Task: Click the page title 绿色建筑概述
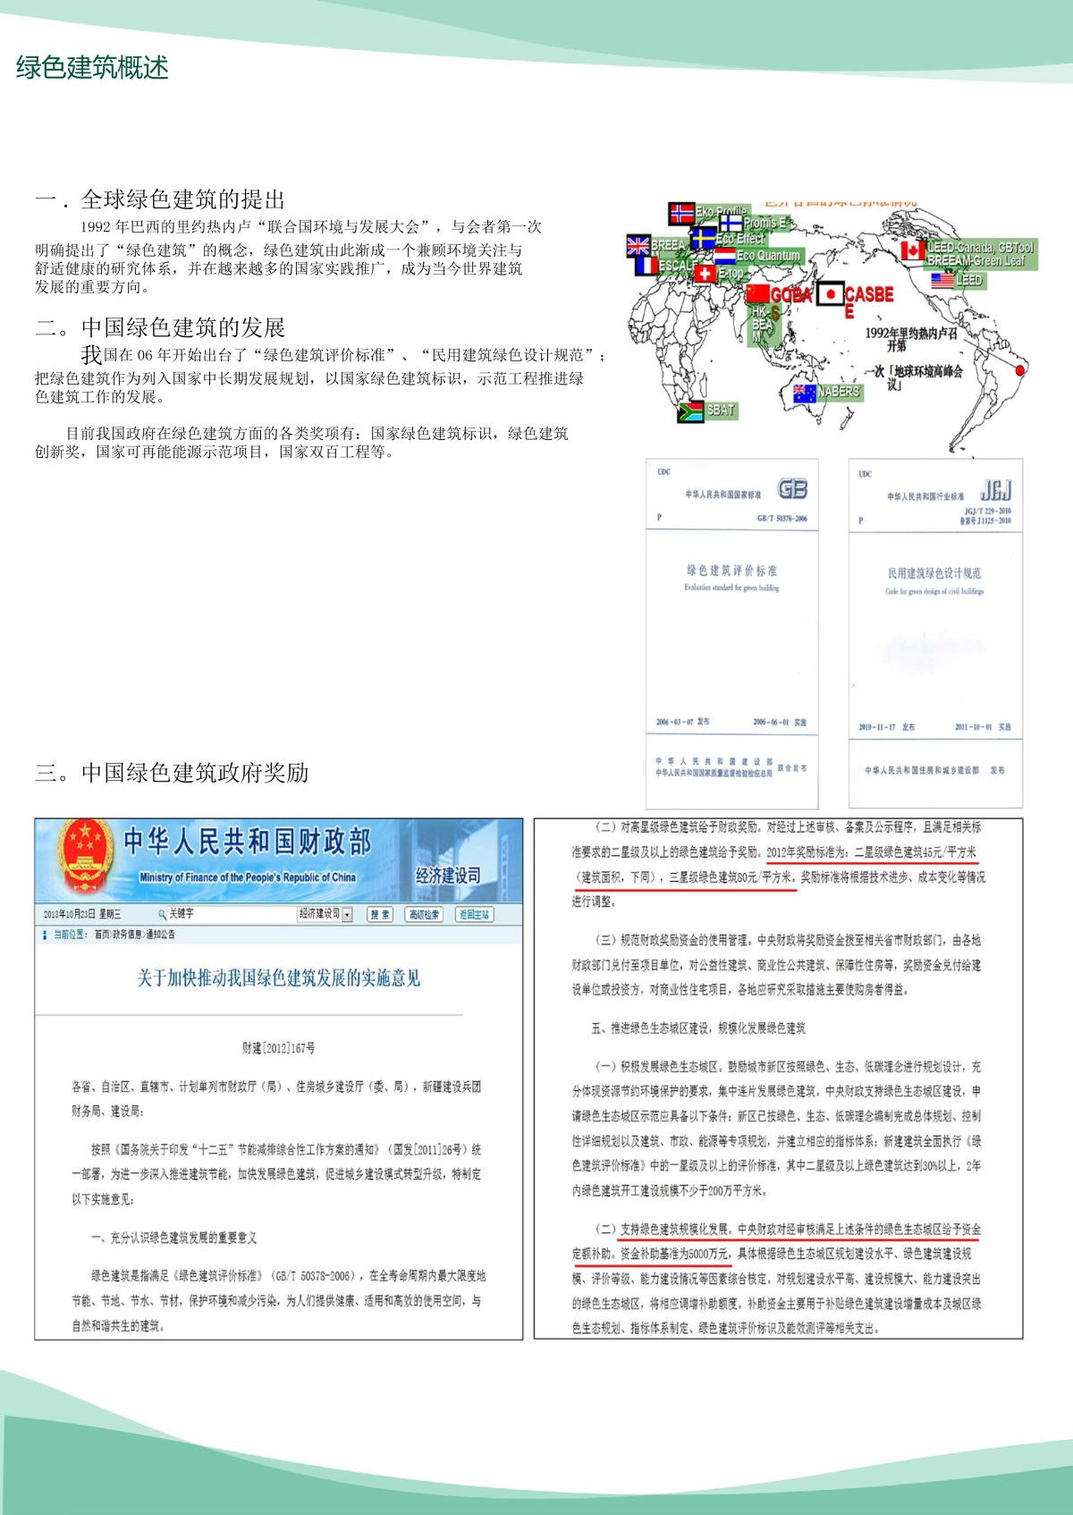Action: (x=92, y=68)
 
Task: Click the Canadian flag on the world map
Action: (x=912, y=250)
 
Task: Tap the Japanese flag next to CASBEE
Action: (x=830, y=293)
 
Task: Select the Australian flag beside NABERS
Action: (x=804, y=393)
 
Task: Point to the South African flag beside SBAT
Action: (x=690, y=411)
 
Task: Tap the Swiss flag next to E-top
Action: (x=705, y=274)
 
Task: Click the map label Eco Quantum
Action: (x=767, y=256)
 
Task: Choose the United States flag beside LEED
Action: (x=942, y=280)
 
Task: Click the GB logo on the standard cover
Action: (x=792, y=488)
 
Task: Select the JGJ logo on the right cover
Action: (x=995, y=490)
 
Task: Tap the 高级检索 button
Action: (x=425, y=914)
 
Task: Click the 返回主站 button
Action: (x=474, y=914)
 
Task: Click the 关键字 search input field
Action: (x=228, y=914)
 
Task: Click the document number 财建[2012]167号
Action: (x=278, y=1047)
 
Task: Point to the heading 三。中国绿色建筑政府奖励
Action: (x=172, y=773)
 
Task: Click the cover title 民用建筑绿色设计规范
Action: (x=934, y=573)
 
